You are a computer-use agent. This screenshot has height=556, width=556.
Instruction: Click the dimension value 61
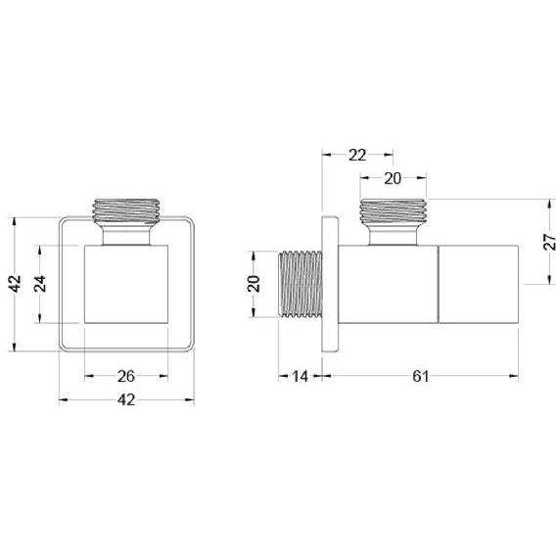421,376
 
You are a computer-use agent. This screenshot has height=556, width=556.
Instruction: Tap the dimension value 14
300,376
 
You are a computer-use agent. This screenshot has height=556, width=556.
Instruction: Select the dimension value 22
357,155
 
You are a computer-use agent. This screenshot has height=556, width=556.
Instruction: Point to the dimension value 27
549,242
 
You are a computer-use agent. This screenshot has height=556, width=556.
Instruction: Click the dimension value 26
126,376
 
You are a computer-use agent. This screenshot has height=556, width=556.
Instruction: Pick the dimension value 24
40,284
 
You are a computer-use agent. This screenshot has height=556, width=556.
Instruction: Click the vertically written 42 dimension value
15,284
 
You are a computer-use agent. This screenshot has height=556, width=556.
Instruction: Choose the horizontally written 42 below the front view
126,400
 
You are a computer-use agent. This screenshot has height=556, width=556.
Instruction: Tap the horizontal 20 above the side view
393,179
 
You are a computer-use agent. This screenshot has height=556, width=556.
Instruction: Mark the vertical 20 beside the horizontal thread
254,284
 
